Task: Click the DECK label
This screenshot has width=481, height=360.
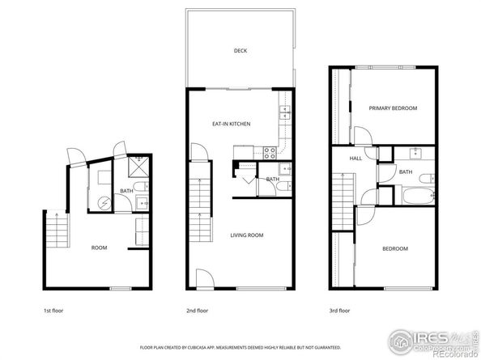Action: click(240, 51)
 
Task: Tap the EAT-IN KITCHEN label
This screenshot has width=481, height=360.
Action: click(231, 124)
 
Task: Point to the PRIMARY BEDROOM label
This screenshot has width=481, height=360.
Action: click(393, 108)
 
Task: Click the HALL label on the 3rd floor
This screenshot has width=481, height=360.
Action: click(355, 159)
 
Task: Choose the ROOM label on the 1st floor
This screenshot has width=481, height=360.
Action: click(99, 248)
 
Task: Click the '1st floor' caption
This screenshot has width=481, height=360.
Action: click(53, 310)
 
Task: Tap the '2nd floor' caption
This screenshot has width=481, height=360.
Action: click(197, 310)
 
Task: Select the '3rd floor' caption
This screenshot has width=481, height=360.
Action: click(339, 310)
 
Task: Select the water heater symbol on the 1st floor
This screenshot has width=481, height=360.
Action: click(104, 203)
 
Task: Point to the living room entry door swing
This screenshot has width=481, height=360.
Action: click(206, 279)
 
